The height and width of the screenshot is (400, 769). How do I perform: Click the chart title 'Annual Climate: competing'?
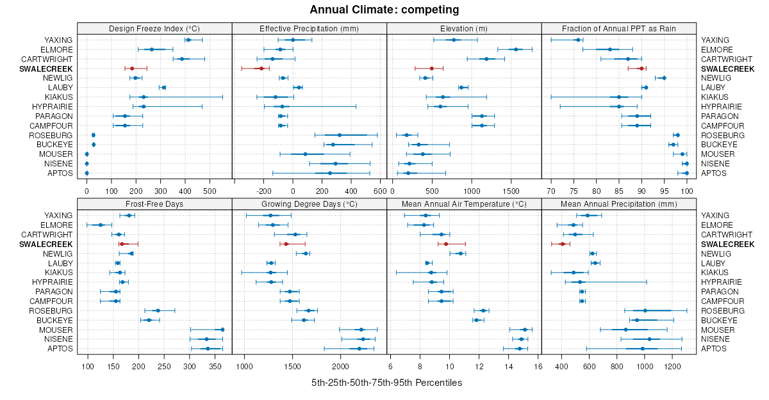pyautogui.click(x=384, y=10)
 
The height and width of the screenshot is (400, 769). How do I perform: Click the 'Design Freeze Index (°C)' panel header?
pyautogui.click(x=154, y=28)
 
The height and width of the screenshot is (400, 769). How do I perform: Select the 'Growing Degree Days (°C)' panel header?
pyautogui.click(x=309, y=204)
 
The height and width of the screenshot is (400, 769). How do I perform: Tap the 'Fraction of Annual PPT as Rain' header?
pyautogui.click(x=618, y=28)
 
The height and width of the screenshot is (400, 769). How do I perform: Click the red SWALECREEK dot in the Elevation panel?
pyautogui.click(x=432, y=68)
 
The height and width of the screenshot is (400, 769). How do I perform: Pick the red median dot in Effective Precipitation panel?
pyautogui.click(x=261, y=68)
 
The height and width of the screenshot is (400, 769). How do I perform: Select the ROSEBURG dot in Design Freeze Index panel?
pyautogui.click(x=94, y=135)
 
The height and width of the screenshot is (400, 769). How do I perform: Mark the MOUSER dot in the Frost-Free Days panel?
pyautogui.click(x=222, y=330)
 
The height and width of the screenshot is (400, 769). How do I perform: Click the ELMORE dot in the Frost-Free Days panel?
pyautogui.click(x=100, y=225)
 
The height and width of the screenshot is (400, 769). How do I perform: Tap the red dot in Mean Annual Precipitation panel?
pyautogui.click(x=563, y=244)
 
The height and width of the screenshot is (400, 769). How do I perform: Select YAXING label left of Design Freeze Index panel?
pyautogui.click(x=58, y=40)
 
